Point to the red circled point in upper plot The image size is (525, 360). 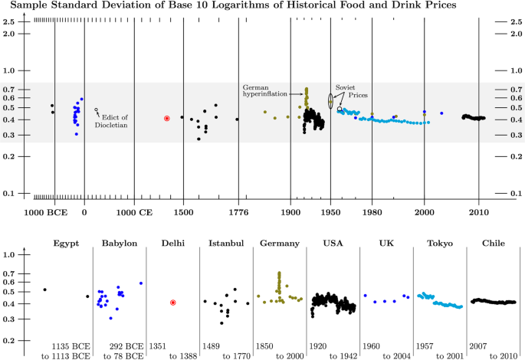pos(166,118)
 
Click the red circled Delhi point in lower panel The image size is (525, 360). pos(173,303)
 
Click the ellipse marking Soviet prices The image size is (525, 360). pos(331,100)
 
